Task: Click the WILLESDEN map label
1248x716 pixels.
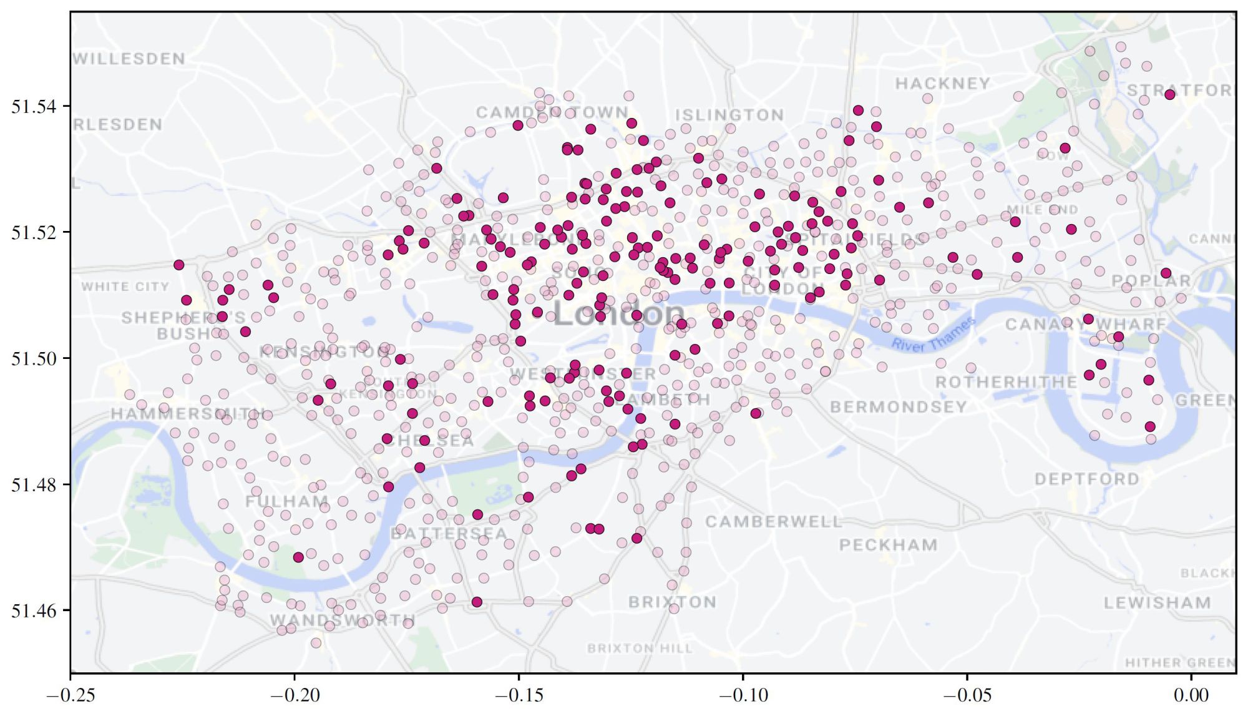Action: tap(129, 59)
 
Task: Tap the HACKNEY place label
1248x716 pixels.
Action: tap(943, 84)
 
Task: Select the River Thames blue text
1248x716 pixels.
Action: tap(932, 335)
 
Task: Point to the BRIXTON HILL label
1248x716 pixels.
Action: tap(640, 649)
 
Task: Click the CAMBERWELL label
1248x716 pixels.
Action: tap(774, 522)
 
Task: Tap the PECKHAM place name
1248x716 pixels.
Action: tap(888, 545)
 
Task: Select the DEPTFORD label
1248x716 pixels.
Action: tap(1086, 479)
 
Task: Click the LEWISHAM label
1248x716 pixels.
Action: tap(1157, 603)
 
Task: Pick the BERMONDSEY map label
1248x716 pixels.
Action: tap(898, 407)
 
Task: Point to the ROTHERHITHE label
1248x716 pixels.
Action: tap(1006, 382)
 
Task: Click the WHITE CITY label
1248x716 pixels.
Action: tap(125, 287)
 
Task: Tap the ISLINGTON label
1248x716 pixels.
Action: tap(729, 115)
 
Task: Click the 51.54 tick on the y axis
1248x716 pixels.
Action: tap(33, 107)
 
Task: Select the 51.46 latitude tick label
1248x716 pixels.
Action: tap(33, 611)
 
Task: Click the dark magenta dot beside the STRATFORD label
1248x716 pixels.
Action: tap(1170, 94)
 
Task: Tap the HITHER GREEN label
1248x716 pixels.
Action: tap(1179, 663)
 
